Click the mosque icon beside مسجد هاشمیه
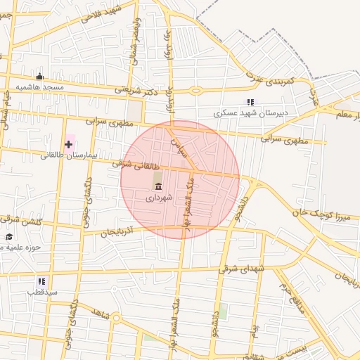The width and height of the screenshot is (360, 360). (x=39, y=77)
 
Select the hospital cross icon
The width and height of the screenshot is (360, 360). (x=68, y=144)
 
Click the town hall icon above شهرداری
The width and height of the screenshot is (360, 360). (x=157, y=186)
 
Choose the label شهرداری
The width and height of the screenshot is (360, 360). (x=157, y=198)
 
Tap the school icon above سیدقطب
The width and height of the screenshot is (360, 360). (x=41, y=281)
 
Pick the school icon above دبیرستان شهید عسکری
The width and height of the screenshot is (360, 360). (x=251, y=102)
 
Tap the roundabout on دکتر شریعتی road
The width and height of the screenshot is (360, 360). (x=195, y=90)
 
